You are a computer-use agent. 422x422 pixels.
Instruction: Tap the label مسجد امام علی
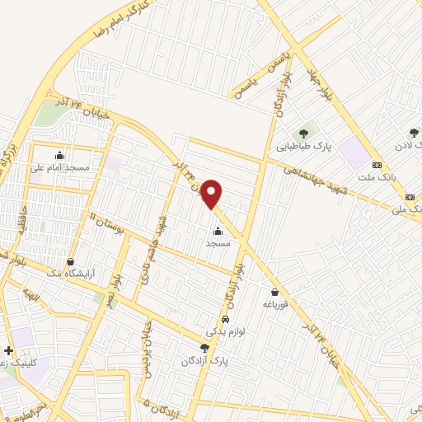tap(64, 166)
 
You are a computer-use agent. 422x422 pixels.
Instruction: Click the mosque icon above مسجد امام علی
tap(59, 154)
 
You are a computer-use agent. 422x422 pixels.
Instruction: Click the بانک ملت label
tap(377, 176)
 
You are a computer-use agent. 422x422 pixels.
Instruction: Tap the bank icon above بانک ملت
tap(377, 164)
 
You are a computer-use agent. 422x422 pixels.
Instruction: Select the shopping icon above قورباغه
tap(274, 292)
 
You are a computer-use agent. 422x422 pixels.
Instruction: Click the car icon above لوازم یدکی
tap(225, 319)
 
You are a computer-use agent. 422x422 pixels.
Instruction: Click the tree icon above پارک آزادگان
tap(204, 348)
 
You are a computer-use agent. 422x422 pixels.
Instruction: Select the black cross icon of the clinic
tap(8, 350)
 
